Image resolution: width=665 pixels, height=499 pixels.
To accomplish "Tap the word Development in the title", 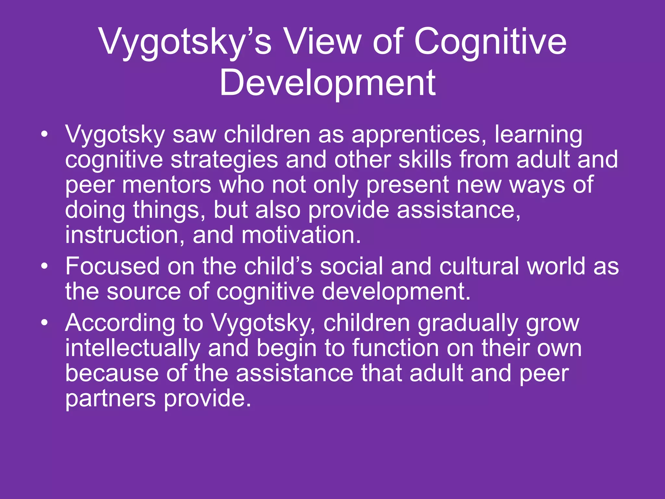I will [x=327, y=83].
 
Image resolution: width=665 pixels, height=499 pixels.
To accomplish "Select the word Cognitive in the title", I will [x=490, y=42].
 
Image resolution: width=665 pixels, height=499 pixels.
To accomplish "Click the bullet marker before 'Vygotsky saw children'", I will [x=44, y=134].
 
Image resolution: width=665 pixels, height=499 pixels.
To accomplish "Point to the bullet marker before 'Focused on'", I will [x=44, y=266].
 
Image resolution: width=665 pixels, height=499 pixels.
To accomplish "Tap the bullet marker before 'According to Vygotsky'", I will [x=44, y=323].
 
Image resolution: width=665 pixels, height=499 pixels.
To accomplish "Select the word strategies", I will [x=224, y=160].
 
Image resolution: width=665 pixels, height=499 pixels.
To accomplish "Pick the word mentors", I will [x=167, y=185].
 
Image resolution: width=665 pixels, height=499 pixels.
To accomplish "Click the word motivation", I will [x=301, y=235].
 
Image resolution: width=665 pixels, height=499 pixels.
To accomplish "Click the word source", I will [x=144, y=291].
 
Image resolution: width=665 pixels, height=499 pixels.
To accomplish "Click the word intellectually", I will [x=132, y=348].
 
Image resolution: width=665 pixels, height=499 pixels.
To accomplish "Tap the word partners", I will [x=110, y=399].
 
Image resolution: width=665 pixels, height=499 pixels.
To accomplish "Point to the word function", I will [x=395, y=348].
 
